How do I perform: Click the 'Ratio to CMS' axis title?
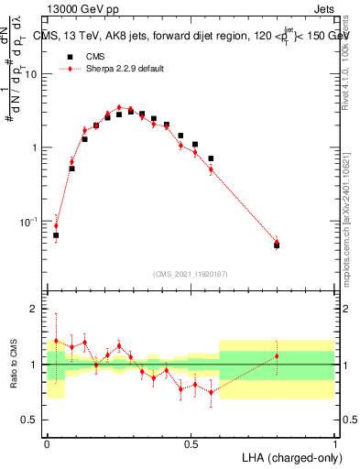click(13, 365)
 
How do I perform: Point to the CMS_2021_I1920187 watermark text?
click(191, 274)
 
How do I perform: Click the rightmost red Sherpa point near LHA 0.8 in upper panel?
click(277, 242)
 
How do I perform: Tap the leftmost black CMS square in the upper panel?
click(56, 235)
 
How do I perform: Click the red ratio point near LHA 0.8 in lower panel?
click(277, 356)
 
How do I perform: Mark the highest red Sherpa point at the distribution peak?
click(119, 107)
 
